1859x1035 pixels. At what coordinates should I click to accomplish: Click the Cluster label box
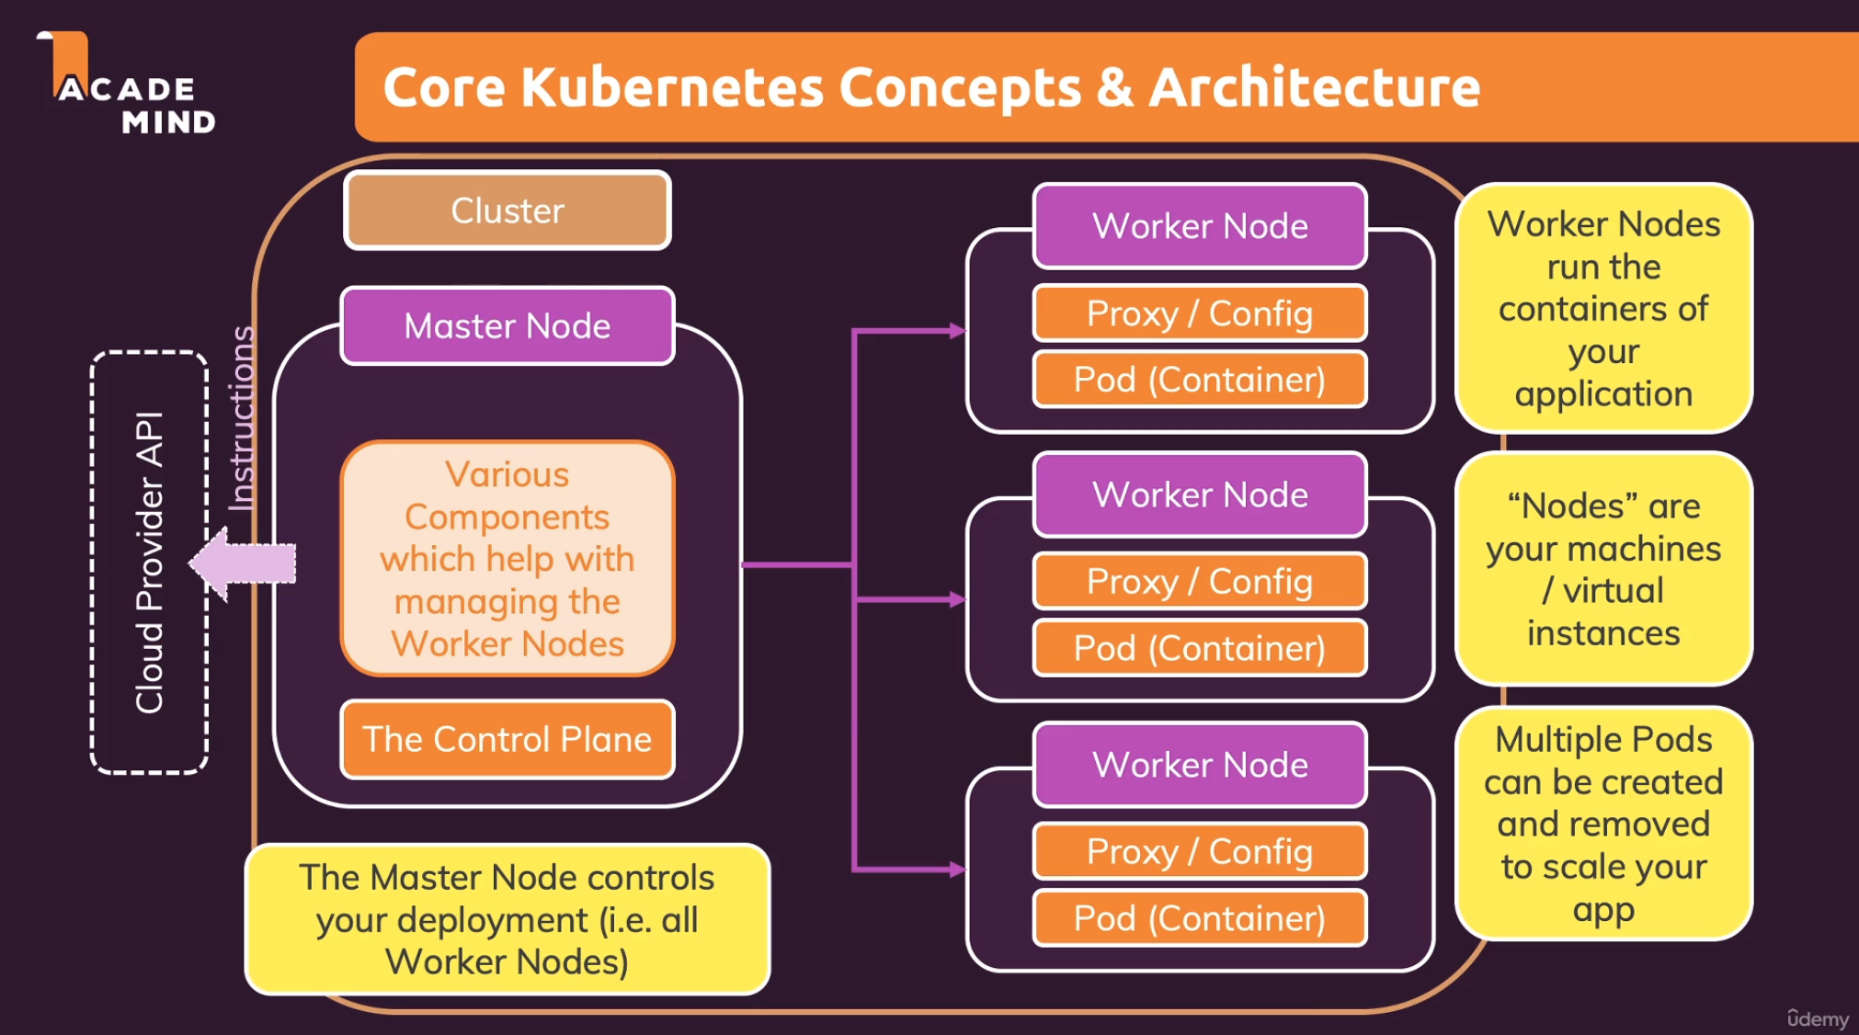[508, 210]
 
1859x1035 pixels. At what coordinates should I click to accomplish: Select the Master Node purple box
[508, 326]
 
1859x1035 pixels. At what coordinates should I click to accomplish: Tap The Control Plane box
[508, 739]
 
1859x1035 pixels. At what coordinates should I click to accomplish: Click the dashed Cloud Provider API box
[149, 563]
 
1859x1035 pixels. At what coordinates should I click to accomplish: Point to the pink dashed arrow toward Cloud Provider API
[244, 563]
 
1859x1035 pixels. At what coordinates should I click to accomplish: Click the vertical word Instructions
[241, 418]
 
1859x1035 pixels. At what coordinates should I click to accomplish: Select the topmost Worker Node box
[1200, 226]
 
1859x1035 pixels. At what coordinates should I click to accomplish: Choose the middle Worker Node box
[1200, 495]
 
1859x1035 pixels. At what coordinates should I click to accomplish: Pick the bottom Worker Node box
[1200, 765]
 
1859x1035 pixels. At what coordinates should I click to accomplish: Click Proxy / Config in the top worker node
[1200, 313]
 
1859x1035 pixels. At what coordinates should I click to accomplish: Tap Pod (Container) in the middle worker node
[1200, 648]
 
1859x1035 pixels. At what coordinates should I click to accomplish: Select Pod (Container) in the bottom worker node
[1200, 918]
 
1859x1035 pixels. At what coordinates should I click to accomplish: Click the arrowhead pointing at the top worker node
[958, 331]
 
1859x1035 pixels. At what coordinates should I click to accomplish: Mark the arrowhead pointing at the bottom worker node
[958, 869]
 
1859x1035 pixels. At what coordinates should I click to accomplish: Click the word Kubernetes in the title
[672, 87]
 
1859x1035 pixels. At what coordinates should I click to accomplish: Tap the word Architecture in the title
[1315, 87]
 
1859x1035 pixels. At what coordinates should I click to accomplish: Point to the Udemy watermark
[1818, 1018]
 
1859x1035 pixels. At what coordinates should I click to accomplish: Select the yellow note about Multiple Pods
[1603, 824]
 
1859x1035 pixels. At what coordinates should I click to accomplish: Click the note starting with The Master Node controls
[508, 919]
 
